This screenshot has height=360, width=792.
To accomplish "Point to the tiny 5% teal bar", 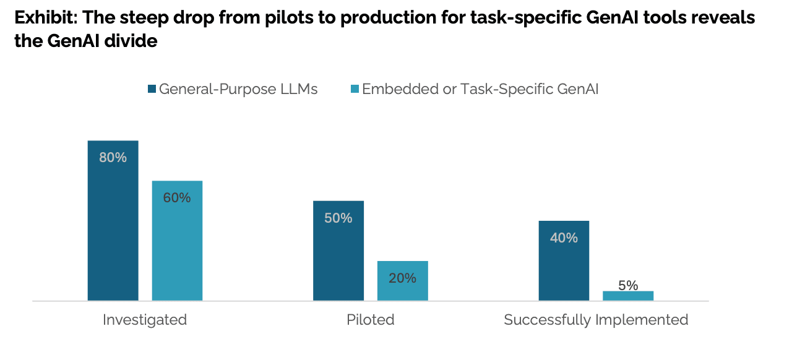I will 628,296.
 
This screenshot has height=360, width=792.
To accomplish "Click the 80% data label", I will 113,158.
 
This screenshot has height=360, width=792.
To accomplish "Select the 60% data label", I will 177,198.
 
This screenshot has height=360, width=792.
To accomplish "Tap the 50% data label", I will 338,218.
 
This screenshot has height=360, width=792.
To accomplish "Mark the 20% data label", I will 403,278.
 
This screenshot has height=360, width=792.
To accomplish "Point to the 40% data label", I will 564,238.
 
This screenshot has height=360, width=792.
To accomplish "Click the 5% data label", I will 628,285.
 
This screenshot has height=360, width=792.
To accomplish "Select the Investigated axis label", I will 145,320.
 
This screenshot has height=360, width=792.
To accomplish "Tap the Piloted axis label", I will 371,320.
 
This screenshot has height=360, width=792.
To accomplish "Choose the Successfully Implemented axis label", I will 596,320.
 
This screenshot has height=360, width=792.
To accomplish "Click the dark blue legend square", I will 152,89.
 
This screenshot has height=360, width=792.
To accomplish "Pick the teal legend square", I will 355,89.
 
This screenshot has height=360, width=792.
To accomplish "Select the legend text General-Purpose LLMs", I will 238,89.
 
